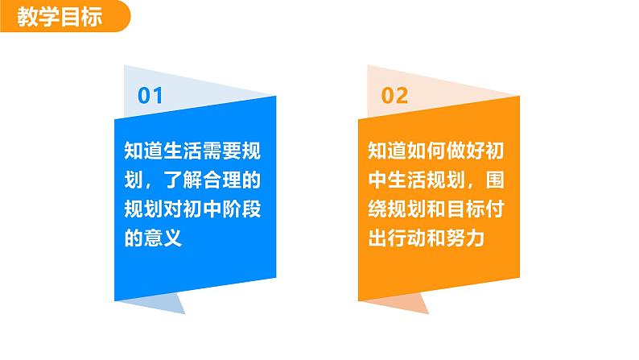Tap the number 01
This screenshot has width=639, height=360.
pyautogui.click(x=151, y=97)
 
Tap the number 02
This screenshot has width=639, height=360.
pyautogui.click(x=394, y=97)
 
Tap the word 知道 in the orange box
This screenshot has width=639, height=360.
pyautogui.click(x=385, y=150)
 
